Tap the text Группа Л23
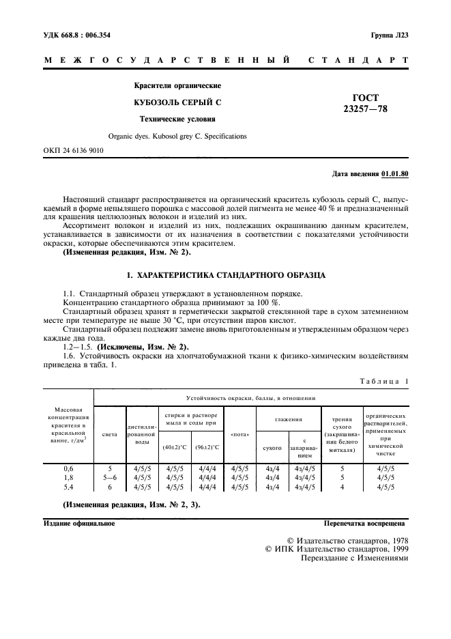pos(389,35)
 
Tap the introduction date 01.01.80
pos(395,174)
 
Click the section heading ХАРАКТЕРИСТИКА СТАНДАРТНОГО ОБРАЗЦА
pos(225,275)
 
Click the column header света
pos(109,434)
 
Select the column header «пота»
pos(239,434)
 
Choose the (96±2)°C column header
pos(207,447)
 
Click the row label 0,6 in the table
pos(68,469)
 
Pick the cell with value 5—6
pos(109,478)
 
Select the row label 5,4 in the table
pos(68,487)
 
